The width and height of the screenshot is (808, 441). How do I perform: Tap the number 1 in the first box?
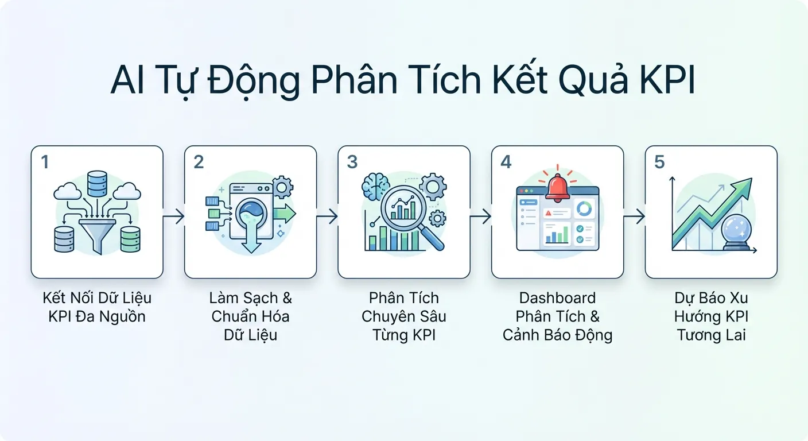(x=45, y=163)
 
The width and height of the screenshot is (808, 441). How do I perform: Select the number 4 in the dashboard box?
(x=506, y=163)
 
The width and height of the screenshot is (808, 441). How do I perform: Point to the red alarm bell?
(x=557, y=187)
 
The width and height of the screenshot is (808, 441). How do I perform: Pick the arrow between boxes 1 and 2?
(x=174, y=216)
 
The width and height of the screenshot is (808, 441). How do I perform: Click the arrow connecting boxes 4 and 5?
(x=634, y=216)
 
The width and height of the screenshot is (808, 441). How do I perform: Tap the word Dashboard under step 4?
(x=557, y=298)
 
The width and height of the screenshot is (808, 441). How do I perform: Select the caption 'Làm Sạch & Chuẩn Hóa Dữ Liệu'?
(x=250, y=316)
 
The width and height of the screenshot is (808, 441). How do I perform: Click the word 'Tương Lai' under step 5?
(x=711, y=335)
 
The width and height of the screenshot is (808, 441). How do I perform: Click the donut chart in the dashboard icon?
(x=586, y=209)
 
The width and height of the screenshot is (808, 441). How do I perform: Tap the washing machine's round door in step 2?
(x=251, y=215)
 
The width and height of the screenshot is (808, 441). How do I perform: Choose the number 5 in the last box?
(x=659, y=163)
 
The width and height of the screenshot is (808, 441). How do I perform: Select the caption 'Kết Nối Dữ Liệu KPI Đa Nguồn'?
(x=97, y=307)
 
